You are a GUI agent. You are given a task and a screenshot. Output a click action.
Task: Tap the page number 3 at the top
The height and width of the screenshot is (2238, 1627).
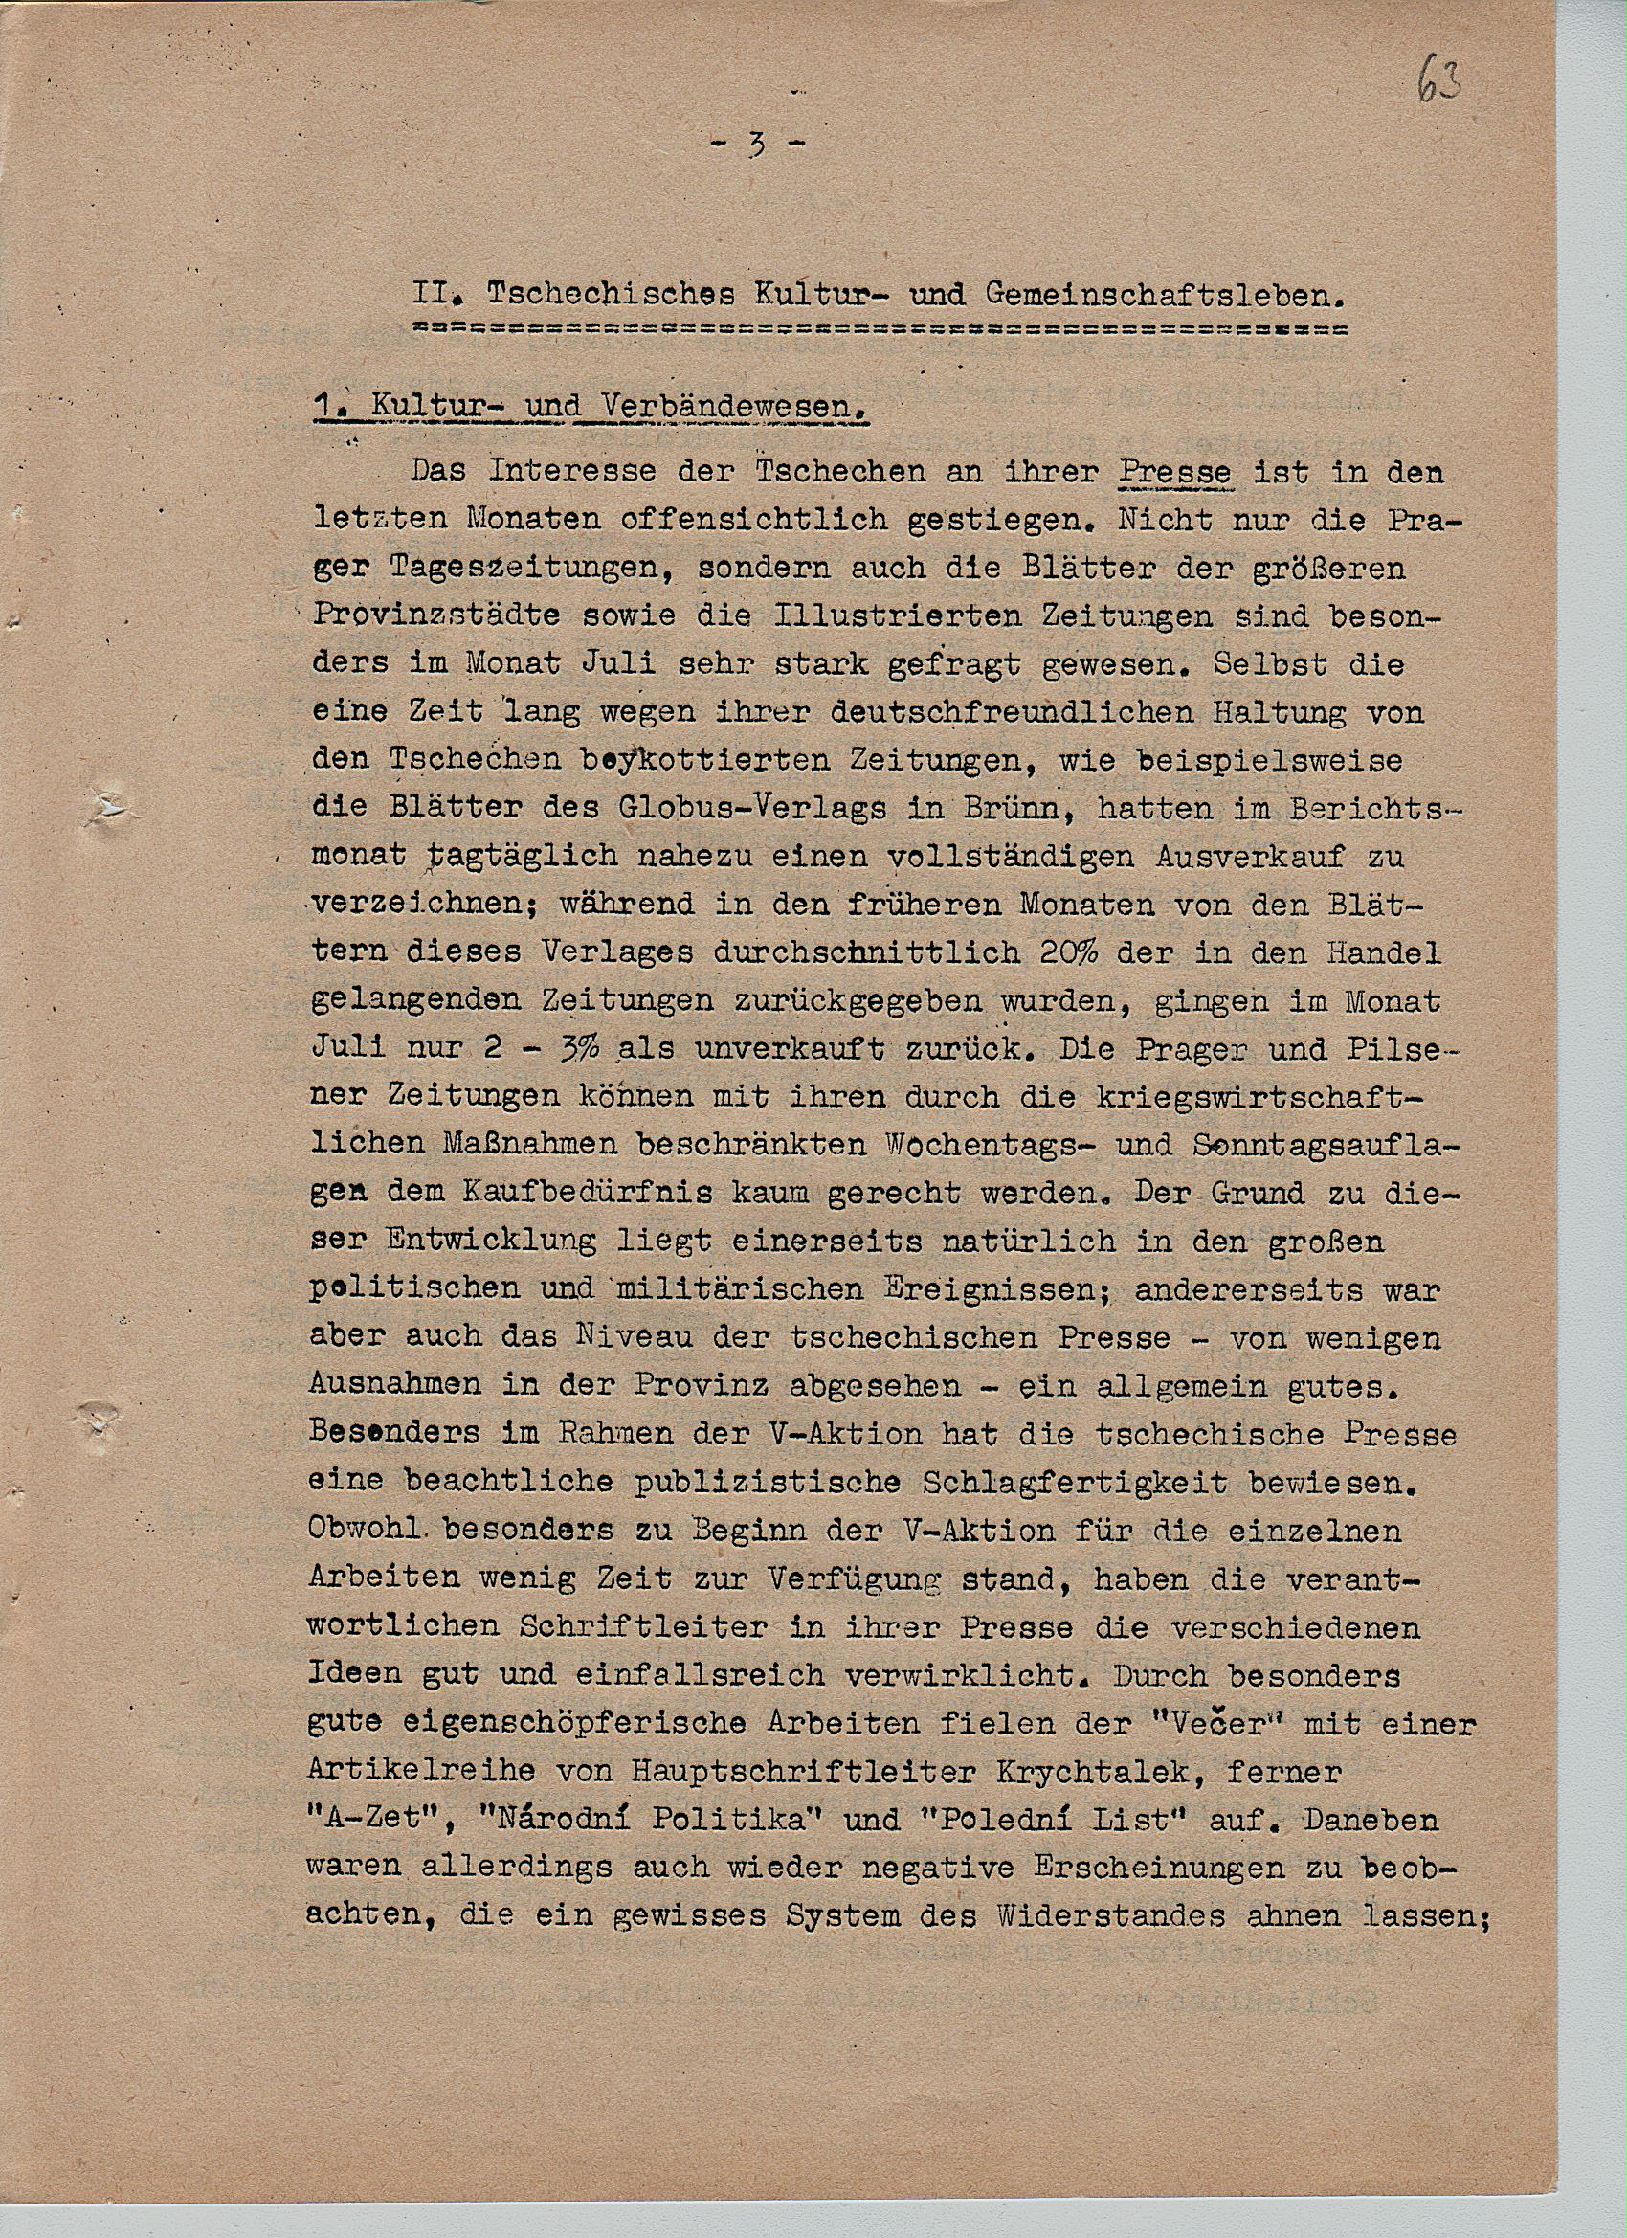click(x=757, y=146)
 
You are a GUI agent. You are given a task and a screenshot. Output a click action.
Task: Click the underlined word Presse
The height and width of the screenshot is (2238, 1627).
click(x=1174, y=473)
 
